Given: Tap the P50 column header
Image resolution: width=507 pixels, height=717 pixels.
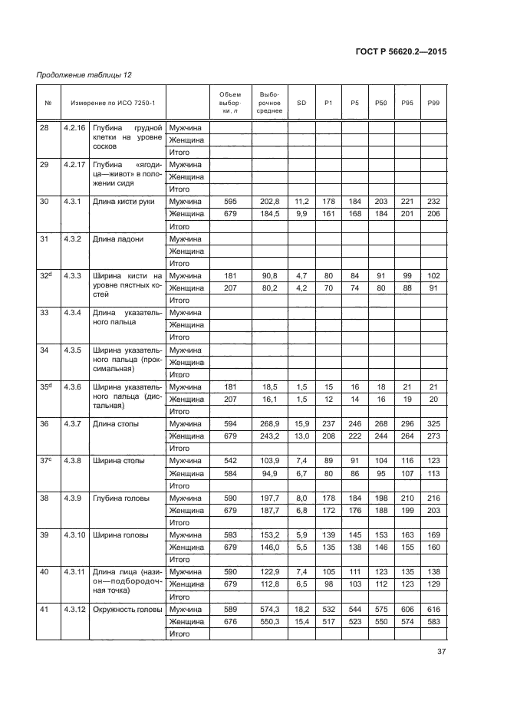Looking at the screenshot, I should pyautogui.click(x=380, y=103).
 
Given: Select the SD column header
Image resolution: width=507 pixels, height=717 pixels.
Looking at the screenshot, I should pyautogui.click(x=301, y=103).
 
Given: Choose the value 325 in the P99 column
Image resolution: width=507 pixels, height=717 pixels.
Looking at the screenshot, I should pyautogui.click(x=433, y=424).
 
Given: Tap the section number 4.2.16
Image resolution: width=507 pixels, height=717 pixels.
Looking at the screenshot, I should pyautogui.click(x=75, y=127).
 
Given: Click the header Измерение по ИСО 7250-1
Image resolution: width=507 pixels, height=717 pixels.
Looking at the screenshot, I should pyautogui.click(x=113, y=103).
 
